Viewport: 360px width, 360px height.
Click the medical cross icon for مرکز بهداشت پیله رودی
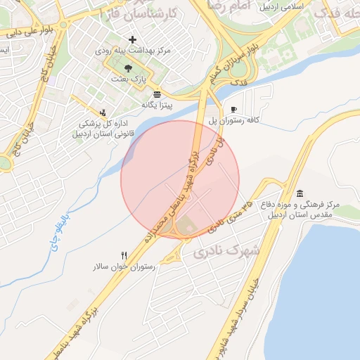[132, 40]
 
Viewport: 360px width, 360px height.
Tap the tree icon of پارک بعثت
[128, 67]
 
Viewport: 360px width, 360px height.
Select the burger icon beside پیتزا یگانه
[156, 94]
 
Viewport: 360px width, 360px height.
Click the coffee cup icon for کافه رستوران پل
[233, 109]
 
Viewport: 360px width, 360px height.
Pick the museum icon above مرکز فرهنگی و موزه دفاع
[300, 193]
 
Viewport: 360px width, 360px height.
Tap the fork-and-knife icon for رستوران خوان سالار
[124, 255]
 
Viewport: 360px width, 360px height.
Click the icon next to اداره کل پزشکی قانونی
[103, 112]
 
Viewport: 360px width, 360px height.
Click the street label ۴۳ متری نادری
[229, 214]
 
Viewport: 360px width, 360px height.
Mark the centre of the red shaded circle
[181, 179]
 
